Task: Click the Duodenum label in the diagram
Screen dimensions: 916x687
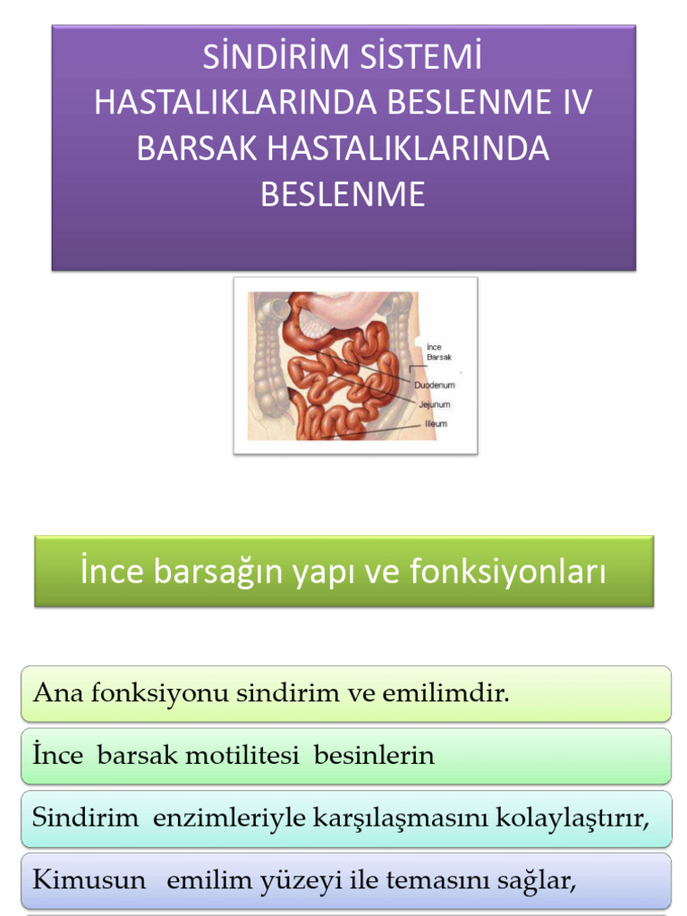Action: point(435,385)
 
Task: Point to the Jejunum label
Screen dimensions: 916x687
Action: point(434,404)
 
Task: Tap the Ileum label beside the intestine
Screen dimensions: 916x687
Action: point(436,423)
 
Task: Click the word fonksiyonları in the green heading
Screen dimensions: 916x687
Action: point(508,572)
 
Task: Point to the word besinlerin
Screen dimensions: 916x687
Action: point(374,756)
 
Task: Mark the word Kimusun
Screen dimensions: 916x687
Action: point(89,880)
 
